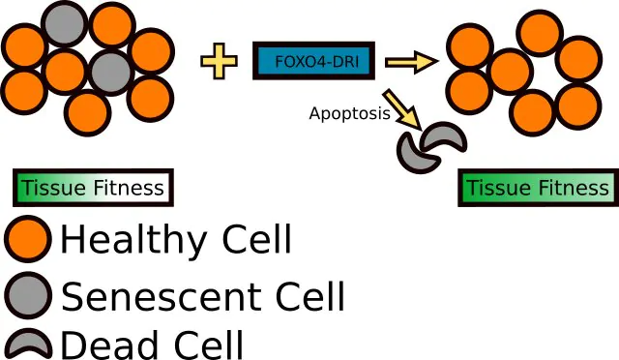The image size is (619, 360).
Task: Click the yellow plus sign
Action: coord(220,61)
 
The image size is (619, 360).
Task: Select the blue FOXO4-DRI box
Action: coord(313,60)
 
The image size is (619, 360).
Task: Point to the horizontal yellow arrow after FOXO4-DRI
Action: coord(412,62)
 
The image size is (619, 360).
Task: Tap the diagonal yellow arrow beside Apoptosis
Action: coord(402,108)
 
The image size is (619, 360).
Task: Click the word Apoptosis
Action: coord(350,113)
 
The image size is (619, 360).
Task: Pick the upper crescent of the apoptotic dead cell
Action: coord(444,137)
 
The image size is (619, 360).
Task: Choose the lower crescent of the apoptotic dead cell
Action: coord(416,155)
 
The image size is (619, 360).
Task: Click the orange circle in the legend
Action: coord(28,239)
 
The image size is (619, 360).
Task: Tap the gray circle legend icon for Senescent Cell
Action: coord(28,295)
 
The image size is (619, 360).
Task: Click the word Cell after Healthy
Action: coord(257,238)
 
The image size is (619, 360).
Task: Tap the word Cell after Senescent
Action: coord(310,296)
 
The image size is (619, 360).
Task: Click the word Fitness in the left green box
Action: coord(128,188)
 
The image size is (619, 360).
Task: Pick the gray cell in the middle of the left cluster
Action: coord(110,73)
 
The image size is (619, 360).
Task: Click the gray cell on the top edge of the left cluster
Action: coord(65,23)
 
